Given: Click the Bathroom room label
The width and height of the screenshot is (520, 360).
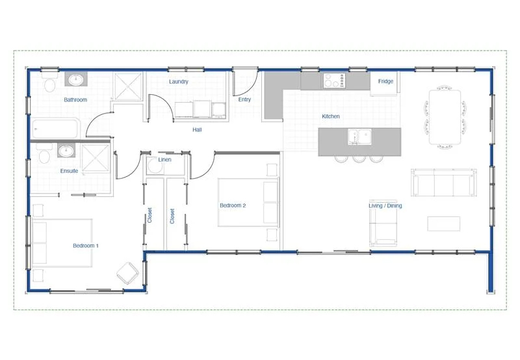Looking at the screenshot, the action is click(75, 100).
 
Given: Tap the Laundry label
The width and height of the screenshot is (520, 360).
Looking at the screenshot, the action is click(178, 82).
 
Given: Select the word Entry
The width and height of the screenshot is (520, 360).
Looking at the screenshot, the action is click(244, 99).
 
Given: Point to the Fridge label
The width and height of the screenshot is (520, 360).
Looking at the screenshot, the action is click(385, 81).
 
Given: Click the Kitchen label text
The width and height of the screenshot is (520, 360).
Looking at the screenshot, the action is click(331, 116).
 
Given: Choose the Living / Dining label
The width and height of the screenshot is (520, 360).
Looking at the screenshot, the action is click(385, 206).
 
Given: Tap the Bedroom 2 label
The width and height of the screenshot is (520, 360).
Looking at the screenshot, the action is click(233, 205).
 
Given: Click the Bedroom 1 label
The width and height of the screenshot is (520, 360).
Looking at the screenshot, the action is click(86, 246).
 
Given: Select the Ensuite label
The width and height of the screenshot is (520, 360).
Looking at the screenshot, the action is click(69, 171).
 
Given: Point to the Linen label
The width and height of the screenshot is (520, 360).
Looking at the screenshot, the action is click(164, 160).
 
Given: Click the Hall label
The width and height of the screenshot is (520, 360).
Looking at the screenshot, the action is click(197, 130).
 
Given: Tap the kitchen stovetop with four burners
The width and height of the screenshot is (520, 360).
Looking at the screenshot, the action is click(334, 81).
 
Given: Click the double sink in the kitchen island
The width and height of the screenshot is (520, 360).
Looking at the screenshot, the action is click(359, 137).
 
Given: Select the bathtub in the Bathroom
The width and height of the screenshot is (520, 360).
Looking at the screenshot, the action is click(56, 129).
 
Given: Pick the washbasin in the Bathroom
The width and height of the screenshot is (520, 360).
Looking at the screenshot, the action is click(76, 79).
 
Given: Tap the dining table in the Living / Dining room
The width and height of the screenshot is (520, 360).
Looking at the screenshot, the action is click(445, 117).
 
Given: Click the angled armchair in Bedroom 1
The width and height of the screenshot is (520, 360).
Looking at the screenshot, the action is click(127, 273).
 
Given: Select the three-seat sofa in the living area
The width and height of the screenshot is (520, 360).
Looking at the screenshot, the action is click(444, 183).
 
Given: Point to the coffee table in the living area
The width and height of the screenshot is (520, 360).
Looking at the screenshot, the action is click(443, 224).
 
